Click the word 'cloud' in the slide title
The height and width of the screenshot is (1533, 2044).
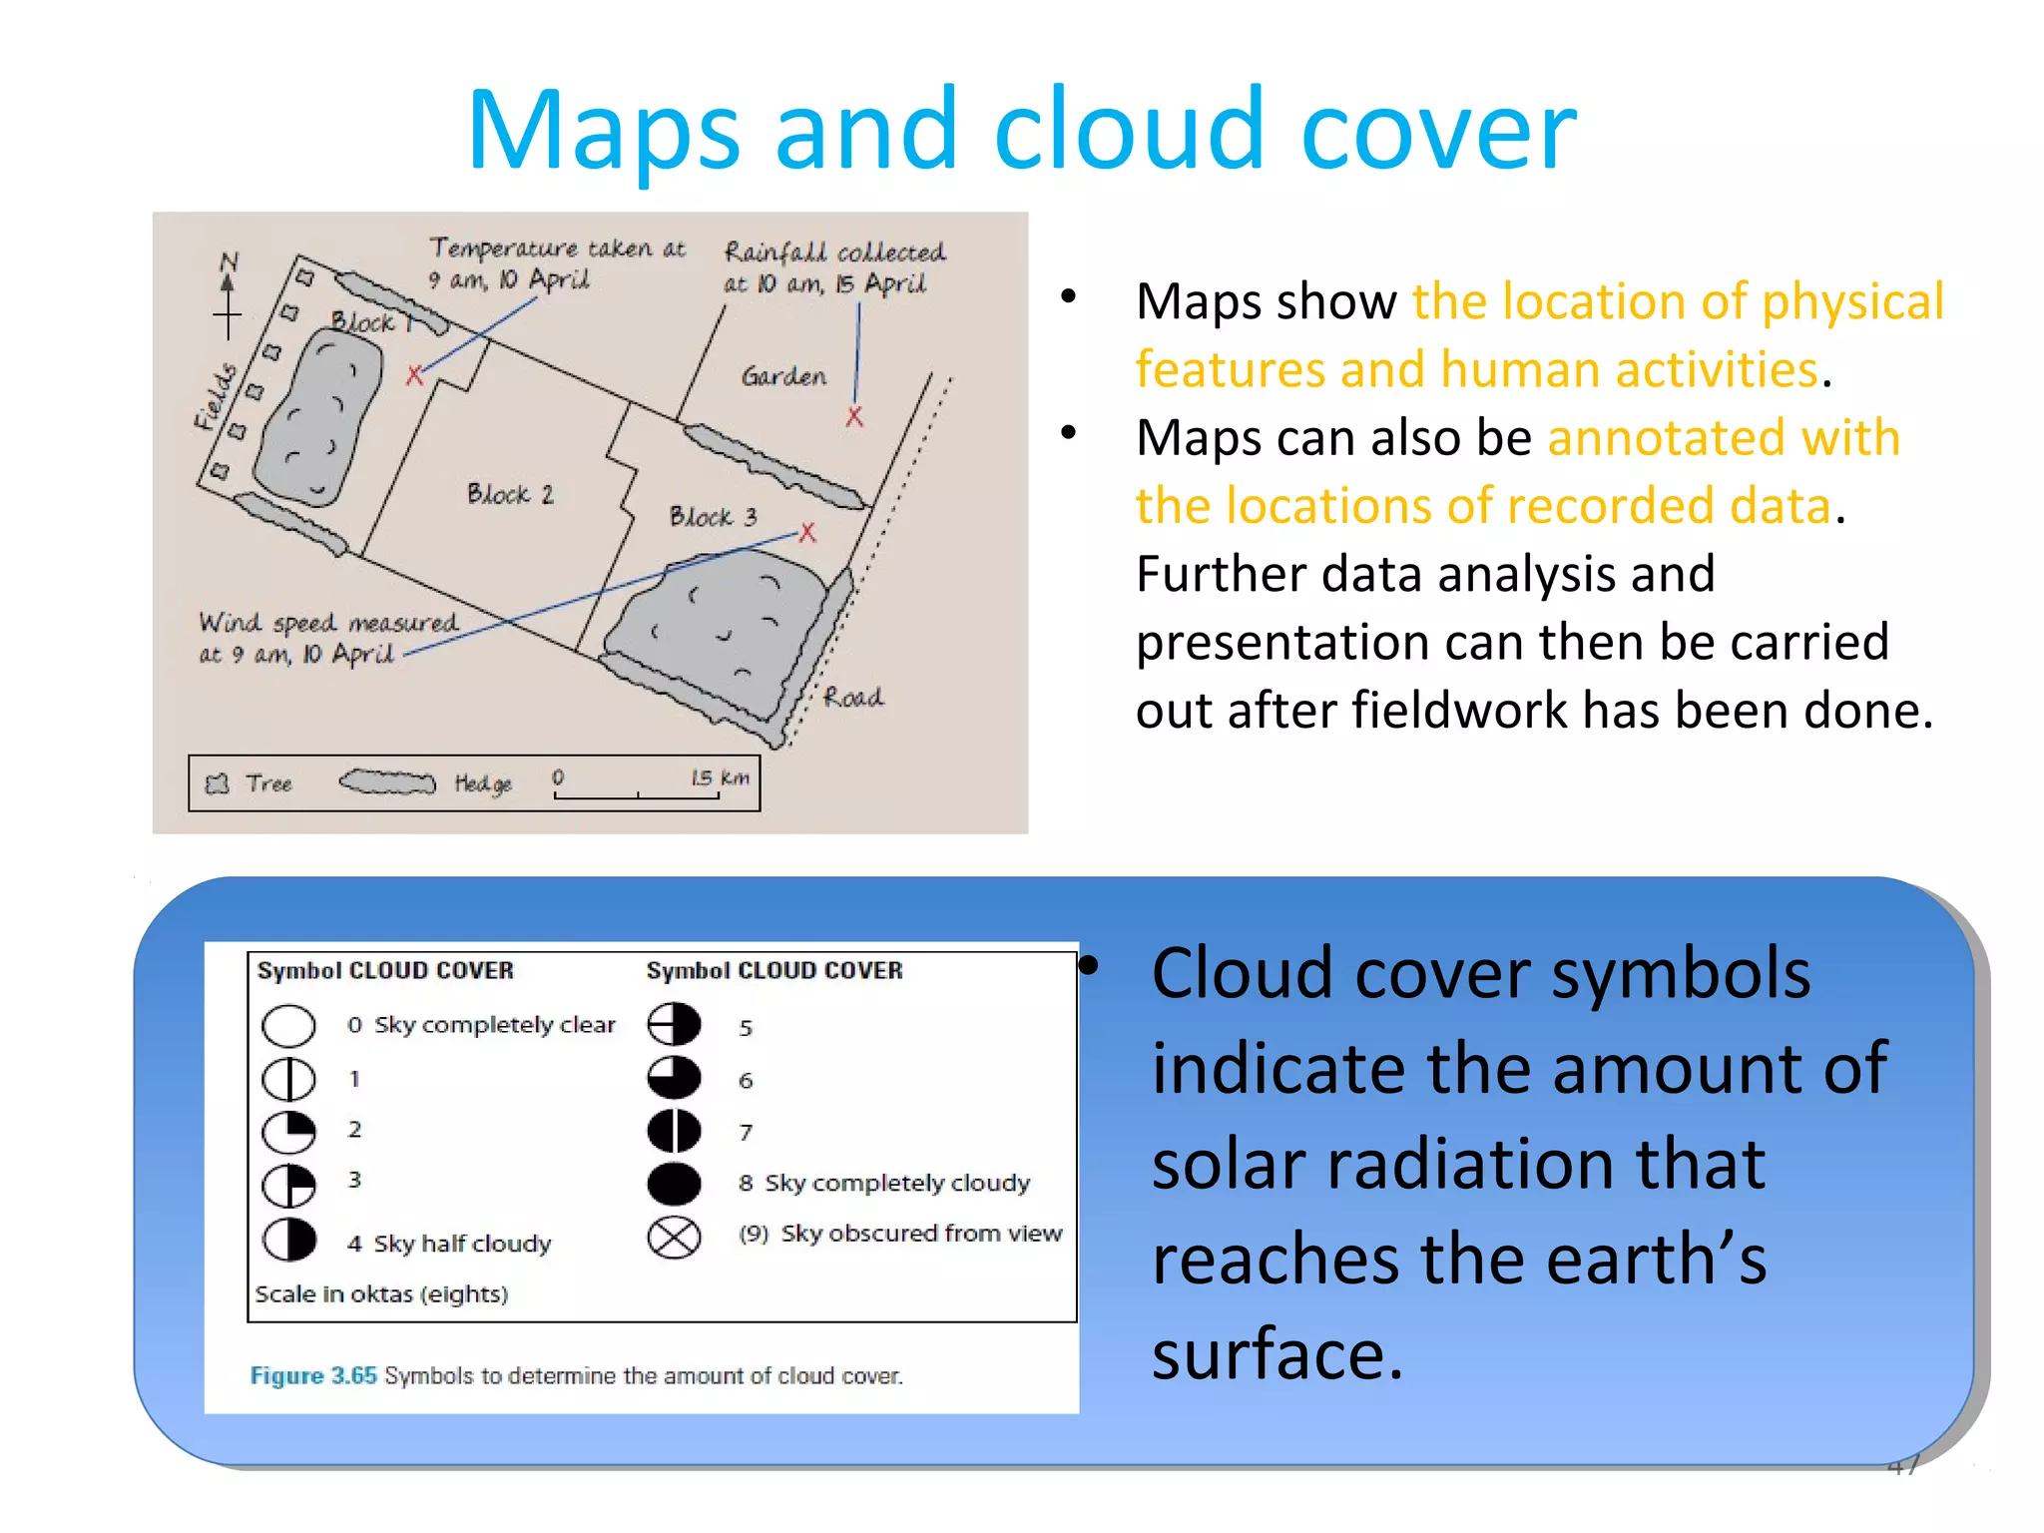[x=1129, y=131]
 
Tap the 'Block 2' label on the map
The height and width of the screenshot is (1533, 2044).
[x=510, y=494]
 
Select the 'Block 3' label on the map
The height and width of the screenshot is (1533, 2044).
[x=713, y=516]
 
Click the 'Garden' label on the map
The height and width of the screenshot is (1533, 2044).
[x=783, y=376]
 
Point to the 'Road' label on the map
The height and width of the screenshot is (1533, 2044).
[x=853, y=697]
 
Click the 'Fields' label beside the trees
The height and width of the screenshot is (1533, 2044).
[x=217, y=397]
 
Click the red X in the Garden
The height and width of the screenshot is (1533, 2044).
[x=854, y=417]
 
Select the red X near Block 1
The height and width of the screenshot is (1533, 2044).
[x=415, y=375]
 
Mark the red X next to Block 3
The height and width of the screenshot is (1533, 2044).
[x=807, y=532]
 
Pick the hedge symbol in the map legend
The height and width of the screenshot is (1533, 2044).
[x=387, y=782]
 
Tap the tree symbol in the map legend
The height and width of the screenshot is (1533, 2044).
[x=217, y=783]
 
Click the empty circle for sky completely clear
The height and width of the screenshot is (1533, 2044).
[x=288, y=1025]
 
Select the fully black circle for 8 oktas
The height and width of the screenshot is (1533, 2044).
[x=674, y=1184]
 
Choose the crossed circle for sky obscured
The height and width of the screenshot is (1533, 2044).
[x=674, y=1238]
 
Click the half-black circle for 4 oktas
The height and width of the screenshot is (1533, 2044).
[x=288, y=1240]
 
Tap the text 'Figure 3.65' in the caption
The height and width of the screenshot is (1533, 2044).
[x=313, y=1375]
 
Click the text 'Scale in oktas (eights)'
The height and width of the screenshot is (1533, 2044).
[x=381, y=1294]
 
